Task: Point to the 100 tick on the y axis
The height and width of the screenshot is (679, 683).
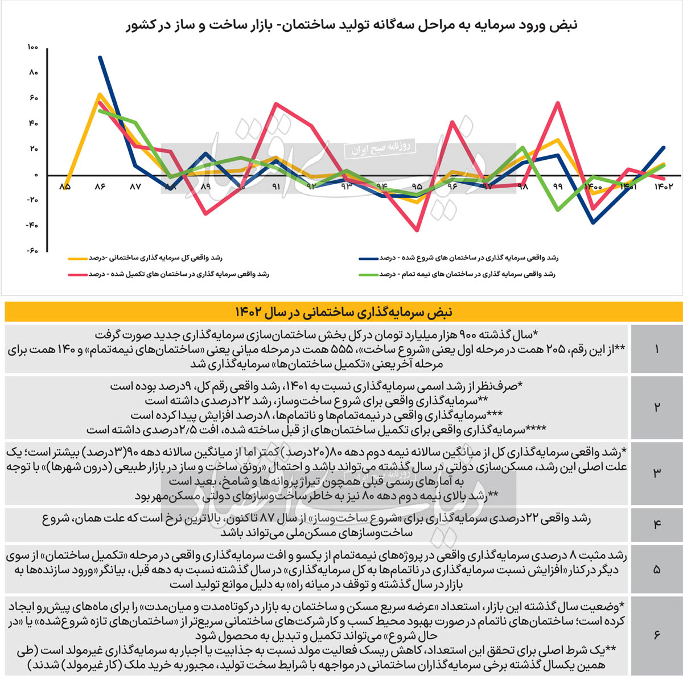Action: (32, 47)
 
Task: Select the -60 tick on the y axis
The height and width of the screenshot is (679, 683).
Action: (32, 250)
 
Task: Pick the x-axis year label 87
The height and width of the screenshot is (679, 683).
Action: (135, 187)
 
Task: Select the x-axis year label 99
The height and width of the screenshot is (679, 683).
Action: (557, 187)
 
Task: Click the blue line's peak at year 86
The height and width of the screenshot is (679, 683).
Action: (100, 57)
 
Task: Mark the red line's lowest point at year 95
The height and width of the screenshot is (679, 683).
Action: (417, 230)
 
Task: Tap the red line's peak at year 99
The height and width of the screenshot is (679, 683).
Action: (558, 103)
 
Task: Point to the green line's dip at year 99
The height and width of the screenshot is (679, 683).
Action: (558, 210)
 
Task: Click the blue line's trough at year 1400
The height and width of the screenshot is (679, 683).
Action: (594, 223)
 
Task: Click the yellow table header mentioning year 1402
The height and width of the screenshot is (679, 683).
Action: (343, 312)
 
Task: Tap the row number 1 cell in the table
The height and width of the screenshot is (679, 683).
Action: (657, 349)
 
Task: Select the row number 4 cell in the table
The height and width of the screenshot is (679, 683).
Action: (657, 524)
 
